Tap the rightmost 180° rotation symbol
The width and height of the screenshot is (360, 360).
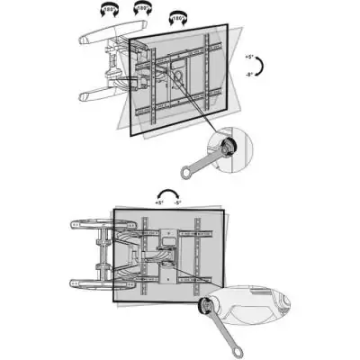tap(176, 19)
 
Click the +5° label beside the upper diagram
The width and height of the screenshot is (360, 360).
tap(247, 57)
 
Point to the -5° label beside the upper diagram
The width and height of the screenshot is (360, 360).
tap(247, 76)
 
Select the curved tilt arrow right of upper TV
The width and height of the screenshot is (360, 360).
tap(259, 67)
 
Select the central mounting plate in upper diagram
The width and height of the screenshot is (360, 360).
tap(179, 76)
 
